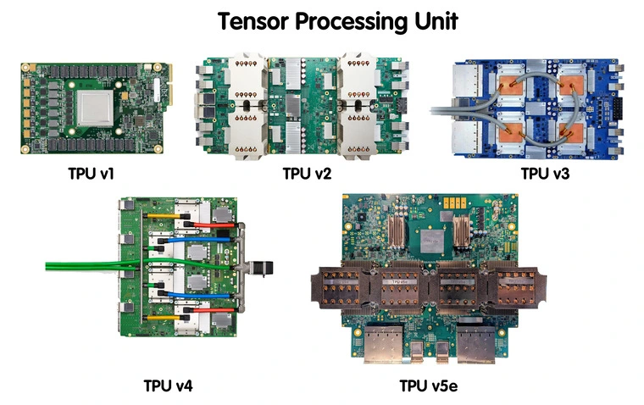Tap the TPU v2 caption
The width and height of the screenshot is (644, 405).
pyautogui.click(x=307, y=175)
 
